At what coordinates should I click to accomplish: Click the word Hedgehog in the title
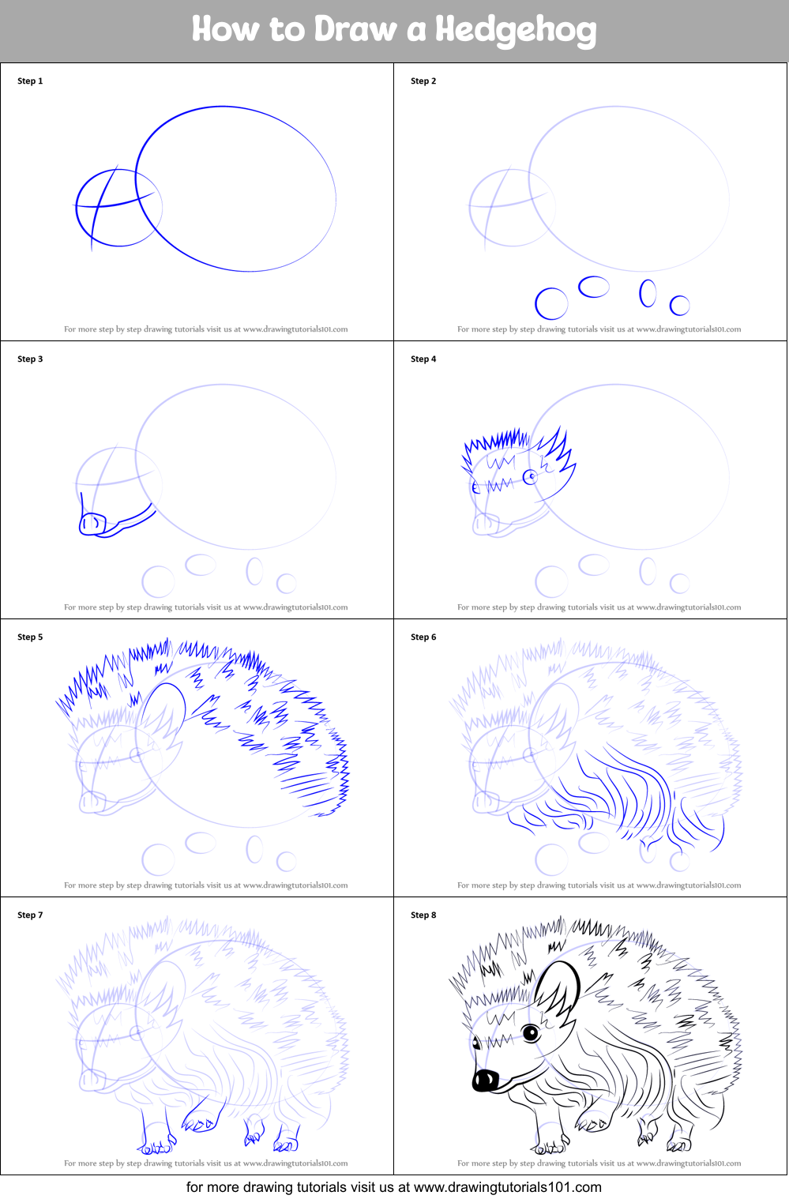pyautogui.click(x=516, y=30)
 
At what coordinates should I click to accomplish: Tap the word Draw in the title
pyautogui.click(x=355, y=29)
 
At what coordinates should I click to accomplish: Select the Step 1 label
pyautogui.click(x=30, y=81)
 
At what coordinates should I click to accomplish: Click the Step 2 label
pyautogui.click(x=423, y=81)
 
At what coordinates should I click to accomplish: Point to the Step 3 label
pyautogui.click(x=30, y=359)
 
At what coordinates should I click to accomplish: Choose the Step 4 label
pyautogui.click(x=423, y=359)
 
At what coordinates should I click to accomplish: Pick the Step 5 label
pyautogui.click(x=30, y=637)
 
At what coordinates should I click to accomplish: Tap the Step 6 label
pyautogui.click(x=423, y=637)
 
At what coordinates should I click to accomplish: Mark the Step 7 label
pyautogui.click(x=30, y=915)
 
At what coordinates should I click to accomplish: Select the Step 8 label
pyautogui.click(x=423, y=915)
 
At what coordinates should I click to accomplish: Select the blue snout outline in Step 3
pyautogui.click(x=93, y=524)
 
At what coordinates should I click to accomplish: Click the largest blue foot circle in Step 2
pyautogui.click(x=551, y=303)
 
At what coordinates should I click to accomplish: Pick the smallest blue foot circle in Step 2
pyautogui.click(x=679, y=305)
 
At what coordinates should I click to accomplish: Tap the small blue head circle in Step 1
pyautogui.click(x=118, y=208)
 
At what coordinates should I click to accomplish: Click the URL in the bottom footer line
pyautogui.click(x=507, y=1187)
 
